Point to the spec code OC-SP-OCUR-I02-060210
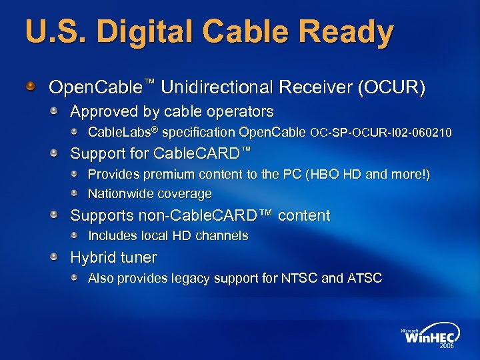(381, 133)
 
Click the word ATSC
(365, 278)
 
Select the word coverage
(184, 194)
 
